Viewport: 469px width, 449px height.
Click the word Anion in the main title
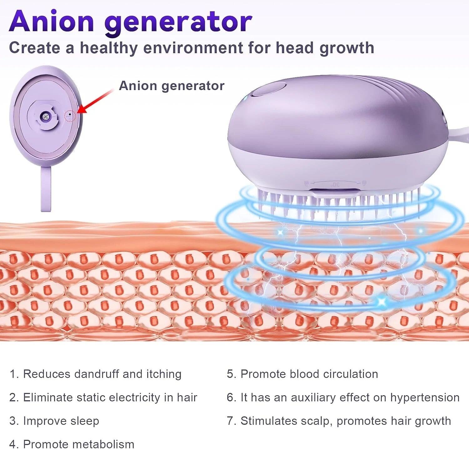coord(52,21)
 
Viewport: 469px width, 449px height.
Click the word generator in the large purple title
coord(178,23)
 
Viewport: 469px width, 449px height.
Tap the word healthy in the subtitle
coord(108,48)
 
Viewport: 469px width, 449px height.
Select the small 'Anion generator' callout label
coord(172,86)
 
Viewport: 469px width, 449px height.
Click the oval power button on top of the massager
coord(269,89)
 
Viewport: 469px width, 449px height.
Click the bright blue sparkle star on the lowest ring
coord(381,301)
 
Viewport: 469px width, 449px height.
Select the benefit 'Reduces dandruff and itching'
coord(96,374)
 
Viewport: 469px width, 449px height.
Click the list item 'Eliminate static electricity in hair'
coord(103,397)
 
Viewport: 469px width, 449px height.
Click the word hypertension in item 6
coord(425,398)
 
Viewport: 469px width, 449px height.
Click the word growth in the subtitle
coord(347,48)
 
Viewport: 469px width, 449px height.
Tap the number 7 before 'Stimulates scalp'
coord(230,421)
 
